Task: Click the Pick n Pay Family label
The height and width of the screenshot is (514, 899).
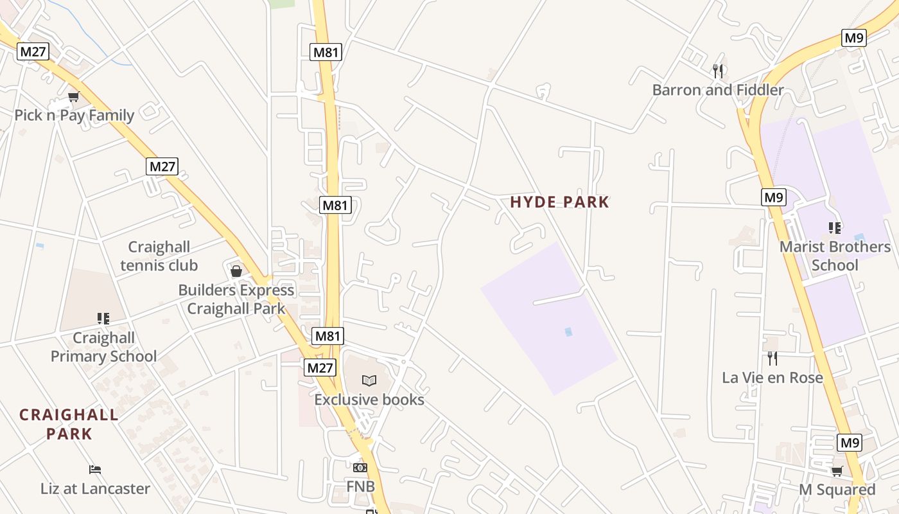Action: pos(74,116)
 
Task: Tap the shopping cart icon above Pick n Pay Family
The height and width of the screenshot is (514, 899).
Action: pos(73,97)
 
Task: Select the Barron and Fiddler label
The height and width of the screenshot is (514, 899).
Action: pos(718,90)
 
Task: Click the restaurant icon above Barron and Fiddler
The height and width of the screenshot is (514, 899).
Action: pos(718,71)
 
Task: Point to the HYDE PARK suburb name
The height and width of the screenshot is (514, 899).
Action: pos(559,202)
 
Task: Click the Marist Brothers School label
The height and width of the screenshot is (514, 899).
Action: pos(835,256)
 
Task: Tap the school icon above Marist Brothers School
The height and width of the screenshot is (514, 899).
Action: pos(835,227)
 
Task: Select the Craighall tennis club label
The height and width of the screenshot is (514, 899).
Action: pos(159,256)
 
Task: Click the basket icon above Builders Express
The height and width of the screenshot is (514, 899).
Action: pos(236,270)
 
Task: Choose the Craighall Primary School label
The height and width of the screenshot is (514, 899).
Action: pos(103,347)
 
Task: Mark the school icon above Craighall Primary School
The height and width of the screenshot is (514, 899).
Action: pos(103,319)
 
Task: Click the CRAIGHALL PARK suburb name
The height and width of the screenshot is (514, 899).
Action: pos(69,424)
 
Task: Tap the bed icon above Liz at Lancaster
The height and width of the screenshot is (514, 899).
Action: pos(95,470)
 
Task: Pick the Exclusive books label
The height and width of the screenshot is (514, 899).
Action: pos(369,400)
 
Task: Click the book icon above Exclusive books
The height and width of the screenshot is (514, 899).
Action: pos(369,380)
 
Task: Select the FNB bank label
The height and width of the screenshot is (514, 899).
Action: pos(360,486)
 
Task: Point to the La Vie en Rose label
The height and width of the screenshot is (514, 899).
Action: pos(772,378)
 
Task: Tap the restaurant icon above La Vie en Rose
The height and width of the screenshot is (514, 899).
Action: pos(772,358)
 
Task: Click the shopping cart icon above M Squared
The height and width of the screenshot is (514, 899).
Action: pos(837,472)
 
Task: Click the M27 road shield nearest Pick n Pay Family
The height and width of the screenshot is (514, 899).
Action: pos(33,51)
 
